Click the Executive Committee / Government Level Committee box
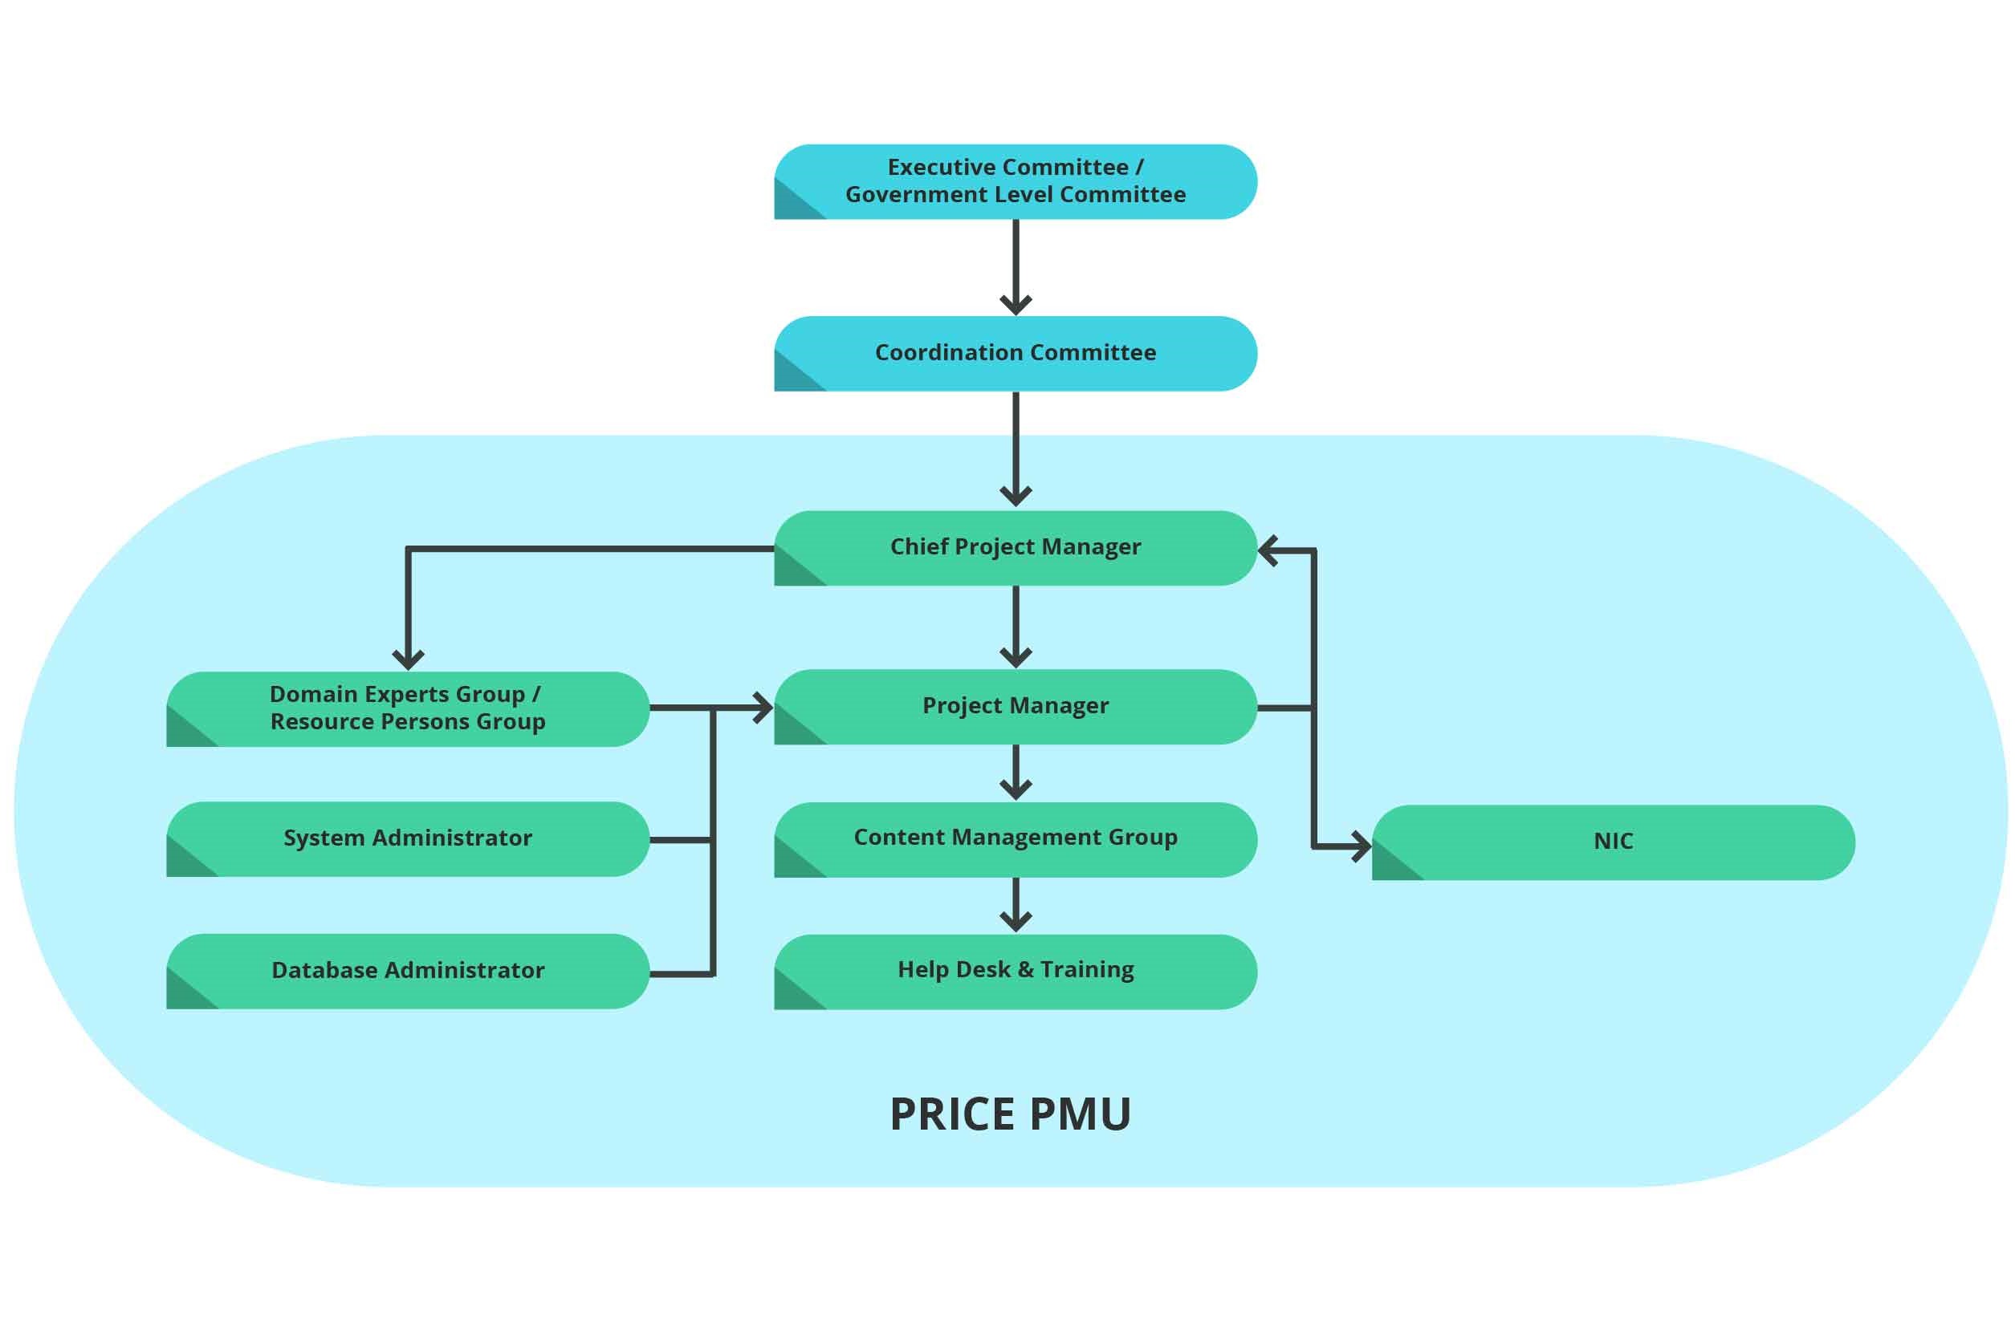[x=1015, y=181]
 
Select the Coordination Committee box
[x=1015, y=353]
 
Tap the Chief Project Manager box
[x=1015, y=547]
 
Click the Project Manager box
[x=1015, y=706]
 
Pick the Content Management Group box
[x=1015, y=838]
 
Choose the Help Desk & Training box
[x=1015, y=971]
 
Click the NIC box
[x=1613, y=842]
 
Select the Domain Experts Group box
[x=408, y=708]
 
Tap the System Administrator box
[x=408, y=838]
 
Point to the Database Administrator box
[x=408, y=971]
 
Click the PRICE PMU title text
[x=1010, y=1114]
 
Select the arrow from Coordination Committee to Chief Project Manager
[x=1016, y=445]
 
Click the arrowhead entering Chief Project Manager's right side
[x=1268, y=551]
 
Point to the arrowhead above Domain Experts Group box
[x=409, y=659]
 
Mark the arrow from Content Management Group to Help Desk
[x=1016, y=904]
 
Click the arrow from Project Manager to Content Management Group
[x=1016, y=772]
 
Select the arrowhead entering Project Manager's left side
[x=763, y=707]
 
